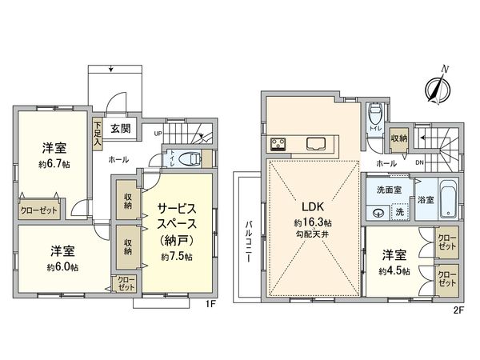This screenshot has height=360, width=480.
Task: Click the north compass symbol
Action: coord(436,89)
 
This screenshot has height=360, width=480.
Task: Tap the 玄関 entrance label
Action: coord(121,128)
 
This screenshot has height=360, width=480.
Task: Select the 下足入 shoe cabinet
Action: coord(97,134)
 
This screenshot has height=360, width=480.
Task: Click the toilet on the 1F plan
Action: coord(186,158)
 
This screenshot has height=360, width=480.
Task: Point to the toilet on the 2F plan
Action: coord(374,119)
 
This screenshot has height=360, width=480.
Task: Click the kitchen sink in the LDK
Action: coord(314,145)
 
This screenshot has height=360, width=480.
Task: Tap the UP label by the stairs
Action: coord(158,133)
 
